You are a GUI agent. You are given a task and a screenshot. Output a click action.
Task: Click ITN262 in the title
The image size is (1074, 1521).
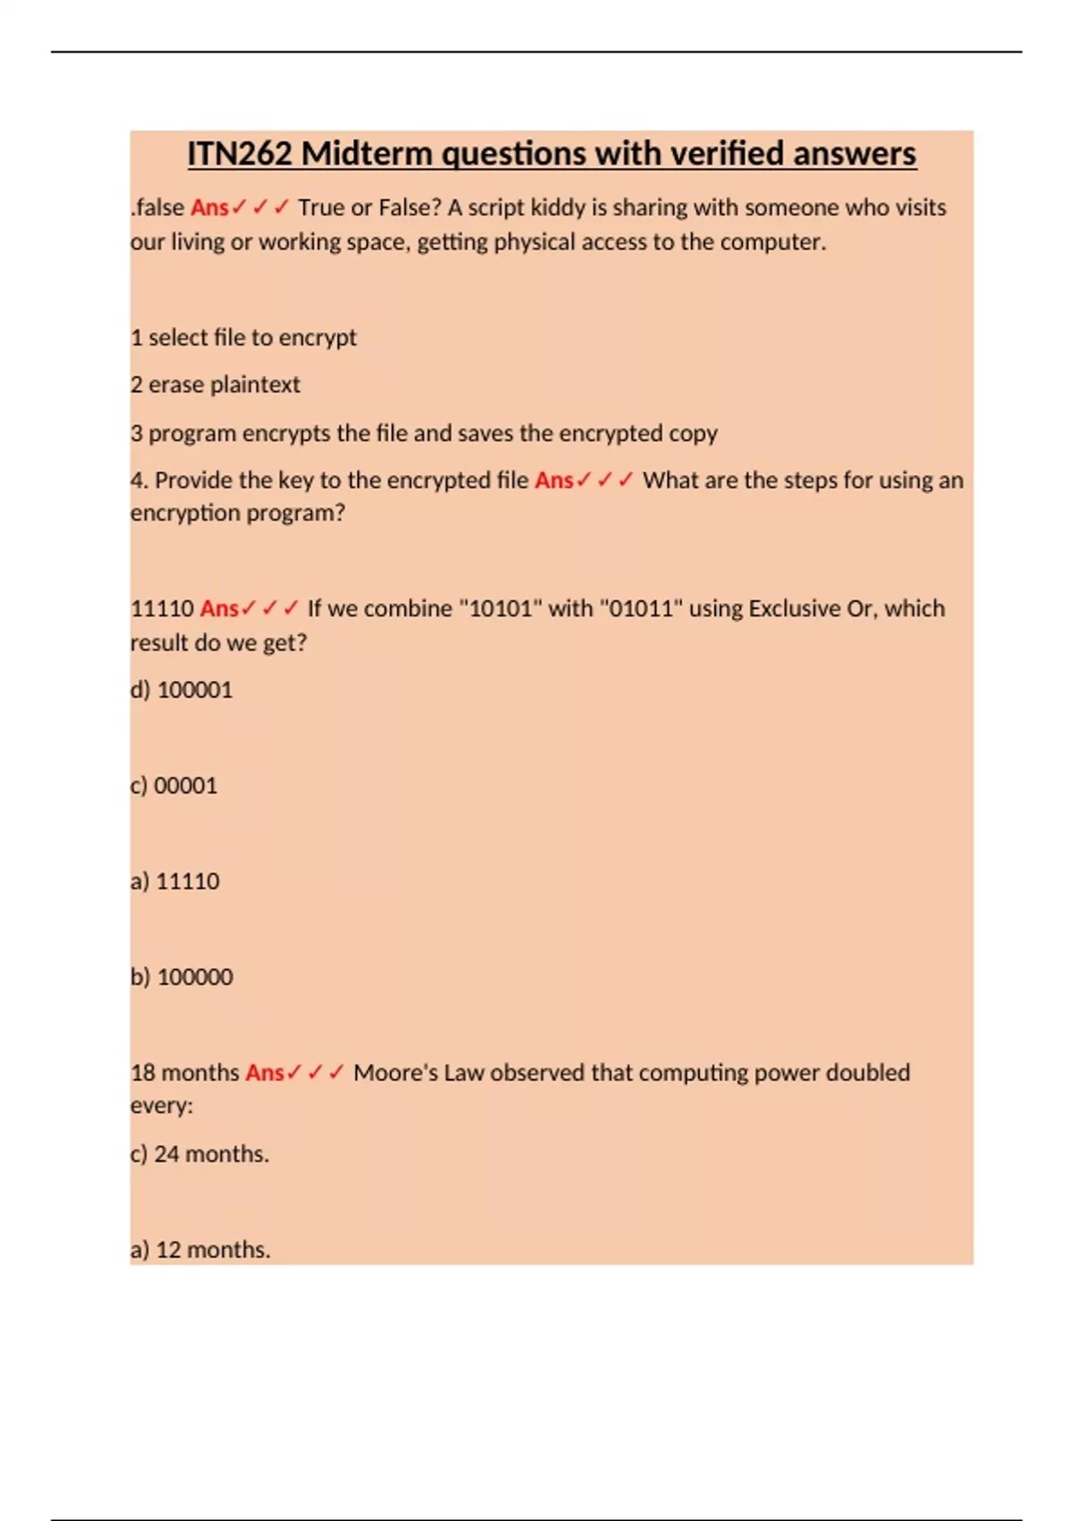[x=240, y=154]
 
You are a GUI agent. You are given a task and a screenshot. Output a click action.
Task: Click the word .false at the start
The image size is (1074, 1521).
[x=158, y=208]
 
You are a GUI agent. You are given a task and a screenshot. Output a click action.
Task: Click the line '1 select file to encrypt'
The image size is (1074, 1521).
[x=243, y=337]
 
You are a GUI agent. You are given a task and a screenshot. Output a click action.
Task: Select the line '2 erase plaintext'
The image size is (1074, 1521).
[x=216, y=385]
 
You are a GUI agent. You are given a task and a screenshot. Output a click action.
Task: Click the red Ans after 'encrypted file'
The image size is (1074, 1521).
[x=554, y=480]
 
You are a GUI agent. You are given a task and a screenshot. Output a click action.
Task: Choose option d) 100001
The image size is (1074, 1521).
[x=182, y=690]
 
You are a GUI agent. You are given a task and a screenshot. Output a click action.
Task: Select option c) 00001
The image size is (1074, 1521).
[x=175, y=786]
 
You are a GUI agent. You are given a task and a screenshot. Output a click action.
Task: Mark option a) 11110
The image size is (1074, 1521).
[x=175, y=881]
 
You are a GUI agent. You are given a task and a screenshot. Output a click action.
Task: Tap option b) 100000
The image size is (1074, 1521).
[x=182, y=977]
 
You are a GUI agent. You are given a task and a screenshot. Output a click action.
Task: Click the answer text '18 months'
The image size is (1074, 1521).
[x=185, y=1073]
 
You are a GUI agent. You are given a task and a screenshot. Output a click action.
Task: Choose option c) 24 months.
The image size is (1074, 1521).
[x=200, y=1154]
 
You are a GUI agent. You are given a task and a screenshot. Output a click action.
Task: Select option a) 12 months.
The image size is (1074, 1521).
[x=200, y=1250]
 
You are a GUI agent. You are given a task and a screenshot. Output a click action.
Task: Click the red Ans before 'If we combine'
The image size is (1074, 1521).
[x=219, y=608]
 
